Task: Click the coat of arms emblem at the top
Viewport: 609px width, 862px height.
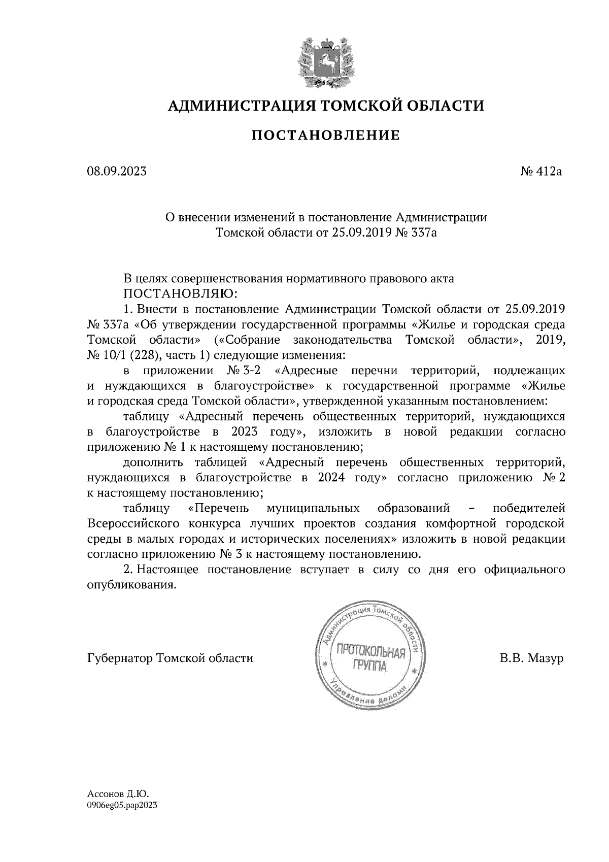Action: (325, 61)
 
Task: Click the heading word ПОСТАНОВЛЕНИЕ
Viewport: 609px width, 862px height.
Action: (326, 135)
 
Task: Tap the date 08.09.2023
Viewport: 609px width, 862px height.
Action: (117, 172)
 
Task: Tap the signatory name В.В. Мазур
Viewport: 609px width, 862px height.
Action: (531, 658)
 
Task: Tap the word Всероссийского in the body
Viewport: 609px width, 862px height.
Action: (132, 523)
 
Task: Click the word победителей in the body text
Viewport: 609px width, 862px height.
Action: (529, 508)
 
